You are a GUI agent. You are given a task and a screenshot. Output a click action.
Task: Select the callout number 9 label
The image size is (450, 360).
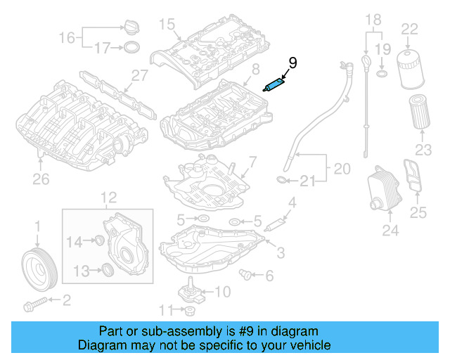tap(292, 63)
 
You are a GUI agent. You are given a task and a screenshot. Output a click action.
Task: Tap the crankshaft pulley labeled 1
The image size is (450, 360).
tap(37, 265)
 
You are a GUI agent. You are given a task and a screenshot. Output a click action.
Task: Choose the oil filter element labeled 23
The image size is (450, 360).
tap(420, 113)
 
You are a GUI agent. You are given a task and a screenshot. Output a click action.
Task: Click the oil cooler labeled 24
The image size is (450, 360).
tap(382, 191)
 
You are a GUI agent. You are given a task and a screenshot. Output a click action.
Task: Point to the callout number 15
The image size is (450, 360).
tap(166, 25)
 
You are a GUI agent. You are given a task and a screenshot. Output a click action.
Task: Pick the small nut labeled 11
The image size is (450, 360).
tap(189, 311)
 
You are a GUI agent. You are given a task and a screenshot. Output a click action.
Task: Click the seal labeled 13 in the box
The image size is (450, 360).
tap(107, 269)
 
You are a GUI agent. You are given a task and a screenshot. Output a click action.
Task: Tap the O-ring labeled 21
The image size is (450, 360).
tap(281, 181)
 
